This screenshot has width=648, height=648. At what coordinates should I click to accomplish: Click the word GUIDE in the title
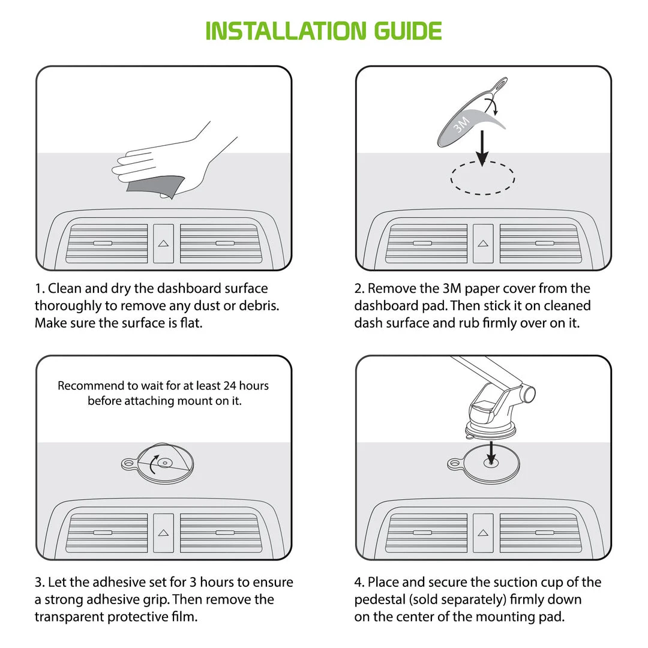click(408, 31)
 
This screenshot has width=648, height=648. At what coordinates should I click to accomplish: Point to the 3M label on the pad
click(461, 124)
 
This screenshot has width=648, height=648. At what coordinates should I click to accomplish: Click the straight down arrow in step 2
click(482, 149)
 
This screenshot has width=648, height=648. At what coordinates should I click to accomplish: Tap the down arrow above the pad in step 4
click(491, 453)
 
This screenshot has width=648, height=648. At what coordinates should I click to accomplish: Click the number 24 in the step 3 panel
click(230, 386)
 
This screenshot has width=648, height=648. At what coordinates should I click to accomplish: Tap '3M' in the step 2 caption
click(452, 288)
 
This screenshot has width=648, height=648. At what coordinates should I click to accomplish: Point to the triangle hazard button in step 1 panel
click(163, 244)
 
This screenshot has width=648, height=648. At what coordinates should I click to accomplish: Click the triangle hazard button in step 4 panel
click(483, 533)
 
